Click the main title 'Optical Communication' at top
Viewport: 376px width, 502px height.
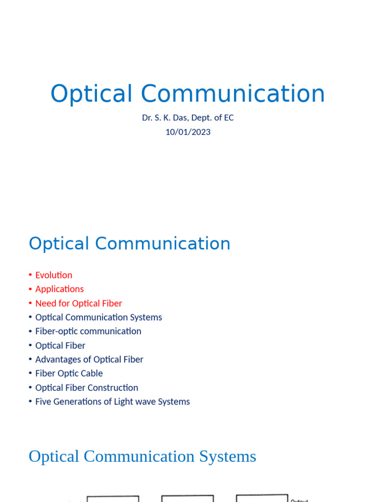point(188,94)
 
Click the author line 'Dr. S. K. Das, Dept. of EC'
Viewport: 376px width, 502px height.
point(188,118)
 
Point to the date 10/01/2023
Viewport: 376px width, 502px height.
point(188,132)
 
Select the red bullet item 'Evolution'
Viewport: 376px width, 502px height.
point(54,275)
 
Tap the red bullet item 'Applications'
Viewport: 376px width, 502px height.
point(59,289)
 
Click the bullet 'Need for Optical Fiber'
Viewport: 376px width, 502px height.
point(78,303)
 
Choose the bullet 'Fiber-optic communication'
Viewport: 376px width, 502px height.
point(88,331)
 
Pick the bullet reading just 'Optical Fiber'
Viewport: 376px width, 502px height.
point(60,346)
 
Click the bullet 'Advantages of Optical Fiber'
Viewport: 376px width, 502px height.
point(89,360)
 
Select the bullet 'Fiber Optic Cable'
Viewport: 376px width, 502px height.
point(69,374)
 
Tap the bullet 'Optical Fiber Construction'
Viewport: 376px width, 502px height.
point(87,388)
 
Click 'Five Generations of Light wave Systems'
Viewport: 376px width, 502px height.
point(112,402)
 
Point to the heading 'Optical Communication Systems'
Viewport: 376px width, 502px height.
point(142,456)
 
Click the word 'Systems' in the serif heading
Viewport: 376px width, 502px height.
point(228,456)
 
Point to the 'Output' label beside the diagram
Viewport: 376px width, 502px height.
point(299,500)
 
